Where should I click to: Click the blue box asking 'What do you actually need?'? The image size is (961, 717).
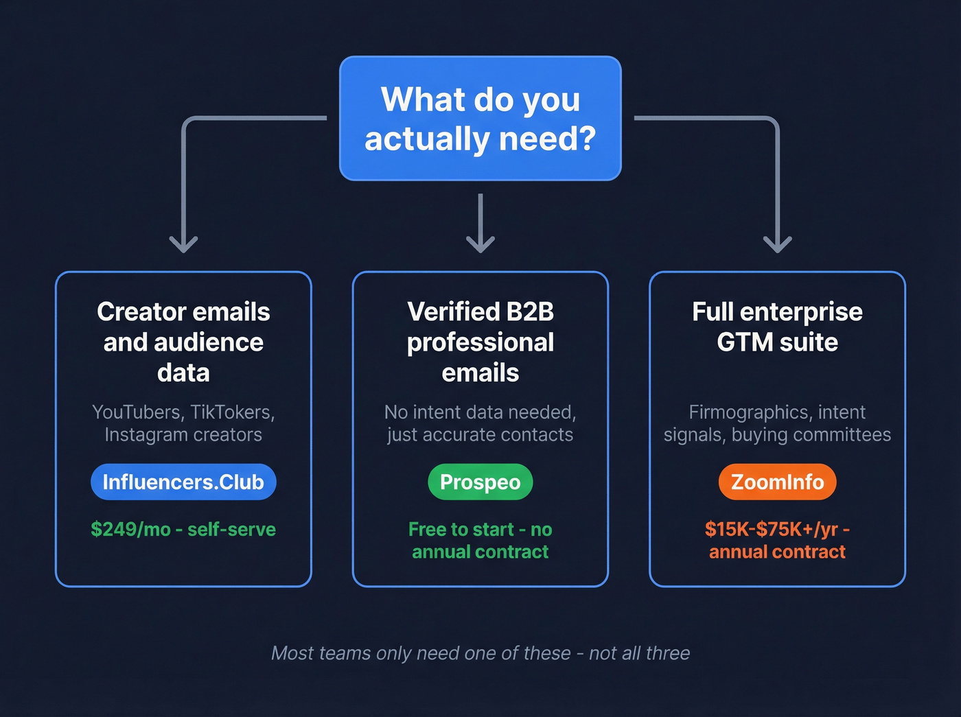tap(480, 119)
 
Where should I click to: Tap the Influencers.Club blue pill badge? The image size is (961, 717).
tap(183, 482)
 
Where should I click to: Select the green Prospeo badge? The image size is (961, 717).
tap(480, 482)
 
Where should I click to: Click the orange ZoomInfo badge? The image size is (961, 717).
tap(777, 482)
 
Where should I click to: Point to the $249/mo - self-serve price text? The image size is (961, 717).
tap(183, 530)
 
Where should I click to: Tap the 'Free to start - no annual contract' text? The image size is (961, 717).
tap(480, 541)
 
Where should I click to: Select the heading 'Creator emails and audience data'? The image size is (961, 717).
tap(183, 342)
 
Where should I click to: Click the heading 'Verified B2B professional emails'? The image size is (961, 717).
tap(480, 342)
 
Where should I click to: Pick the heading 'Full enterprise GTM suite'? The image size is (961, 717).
tap(777, 327)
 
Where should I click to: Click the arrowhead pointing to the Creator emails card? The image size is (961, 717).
tap(183, 244)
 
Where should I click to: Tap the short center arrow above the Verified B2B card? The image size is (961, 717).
tap(480, 223)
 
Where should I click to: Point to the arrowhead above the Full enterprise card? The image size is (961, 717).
tap(777, 244)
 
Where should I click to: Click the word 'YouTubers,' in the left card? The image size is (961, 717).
tap(137, 412)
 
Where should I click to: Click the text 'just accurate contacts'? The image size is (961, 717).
tap(480, 435)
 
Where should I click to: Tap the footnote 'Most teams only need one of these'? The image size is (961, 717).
tap(421, 653)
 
